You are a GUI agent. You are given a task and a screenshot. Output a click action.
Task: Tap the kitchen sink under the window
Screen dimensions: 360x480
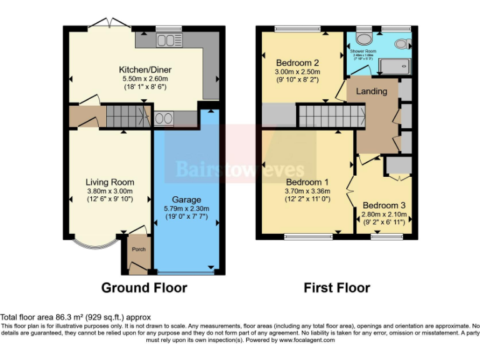point(166,41)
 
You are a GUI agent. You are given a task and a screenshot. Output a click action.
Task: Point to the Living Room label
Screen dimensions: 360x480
point(110,182)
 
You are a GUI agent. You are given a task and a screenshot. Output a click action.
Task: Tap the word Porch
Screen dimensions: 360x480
point(139,249)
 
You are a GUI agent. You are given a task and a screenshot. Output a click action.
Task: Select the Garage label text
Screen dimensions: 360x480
point(186,199)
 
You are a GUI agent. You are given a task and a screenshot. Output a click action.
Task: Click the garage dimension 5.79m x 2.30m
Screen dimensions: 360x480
point(186,209)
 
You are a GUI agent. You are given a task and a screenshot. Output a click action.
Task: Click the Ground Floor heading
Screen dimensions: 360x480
point(144,288)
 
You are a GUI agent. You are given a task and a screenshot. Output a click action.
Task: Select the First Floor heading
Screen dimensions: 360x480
point(337,288)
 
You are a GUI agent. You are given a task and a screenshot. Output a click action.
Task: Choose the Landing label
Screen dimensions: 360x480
point(371,91)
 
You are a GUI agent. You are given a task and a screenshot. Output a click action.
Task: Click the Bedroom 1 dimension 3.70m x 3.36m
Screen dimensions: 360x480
point(304,191)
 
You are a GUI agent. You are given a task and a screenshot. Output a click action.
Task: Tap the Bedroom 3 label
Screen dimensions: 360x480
point(384,206)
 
